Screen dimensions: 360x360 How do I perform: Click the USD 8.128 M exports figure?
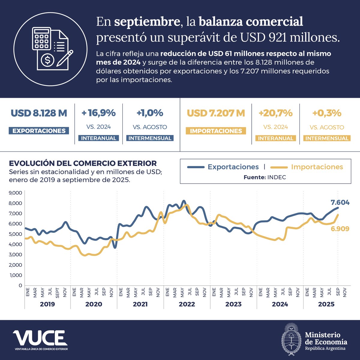(39, 113)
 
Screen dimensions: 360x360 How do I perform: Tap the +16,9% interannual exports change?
(98, 113)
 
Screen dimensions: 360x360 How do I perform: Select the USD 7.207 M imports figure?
(216, 113)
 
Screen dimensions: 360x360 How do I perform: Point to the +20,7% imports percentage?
(275, 113)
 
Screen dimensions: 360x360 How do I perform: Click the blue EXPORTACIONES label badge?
(39, 131)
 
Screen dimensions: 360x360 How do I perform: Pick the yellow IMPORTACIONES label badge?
(216, 131)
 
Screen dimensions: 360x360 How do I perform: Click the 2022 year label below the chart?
(187, 304)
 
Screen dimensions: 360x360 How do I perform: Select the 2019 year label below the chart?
(47, 304)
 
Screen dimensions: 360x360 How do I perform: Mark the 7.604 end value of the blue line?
(340, 202)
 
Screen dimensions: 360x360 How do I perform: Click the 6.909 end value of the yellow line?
(340, 229)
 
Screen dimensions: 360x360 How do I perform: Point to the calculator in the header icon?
(41, 38)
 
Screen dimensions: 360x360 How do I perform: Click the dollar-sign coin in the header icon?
(48, 60)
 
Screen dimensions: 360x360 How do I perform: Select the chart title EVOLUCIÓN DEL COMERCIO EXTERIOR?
(83, 163)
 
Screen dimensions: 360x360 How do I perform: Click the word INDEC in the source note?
(276, 177)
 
